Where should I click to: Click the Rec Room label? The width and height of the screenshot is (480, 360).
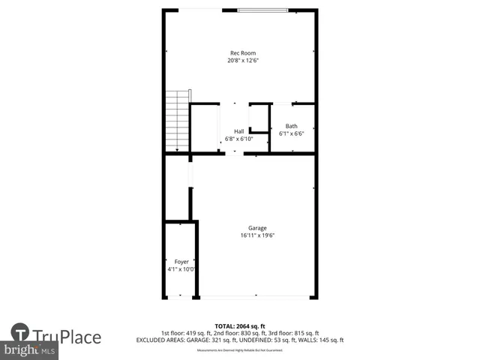tap(242, 53)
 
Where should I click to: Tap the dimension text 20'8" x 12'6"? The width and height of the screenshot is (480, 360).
tap(242, 61)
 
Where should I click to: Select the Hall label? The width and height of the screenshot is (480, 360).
tap(239, 131)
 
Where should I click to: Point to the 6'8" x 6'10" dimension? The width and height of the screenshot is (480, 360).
tap(239, 139)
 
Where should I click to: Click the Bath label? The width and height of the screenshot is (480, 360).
tap(292, 126)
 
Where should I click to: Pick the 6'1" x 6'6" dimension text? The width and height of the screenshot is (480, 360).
tap(292, 133)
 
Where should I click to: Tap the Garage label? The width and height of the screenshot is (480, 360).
tap(258, 228)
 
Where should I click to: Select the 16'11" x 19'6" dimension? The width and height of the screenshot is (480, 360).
tap(258, 235)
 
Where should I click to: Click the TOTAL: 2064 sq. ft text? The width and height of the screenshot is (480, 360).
tap(239, 325)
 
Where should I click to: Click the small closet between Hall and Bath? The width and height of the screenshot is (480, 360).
tap(259, 118)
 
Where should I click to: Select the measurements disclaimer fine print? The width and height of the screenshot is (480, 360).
tap(239, 350)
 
